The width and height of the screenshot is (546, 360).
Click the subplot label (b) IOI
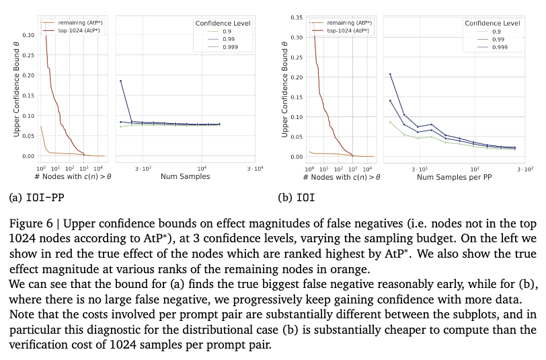tap(297, 198)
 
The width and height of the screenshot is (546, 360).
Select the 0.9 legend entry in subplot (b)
tap(496, 32)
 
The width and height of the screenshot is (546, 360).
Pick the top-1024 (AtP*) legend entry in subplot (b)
tap(349, 30)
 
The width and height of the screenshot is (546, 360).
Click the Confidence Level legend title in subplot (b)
tap(492, 24)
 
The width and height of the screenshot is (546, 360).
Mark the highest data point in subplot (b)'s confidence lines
tap(390, 74)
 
